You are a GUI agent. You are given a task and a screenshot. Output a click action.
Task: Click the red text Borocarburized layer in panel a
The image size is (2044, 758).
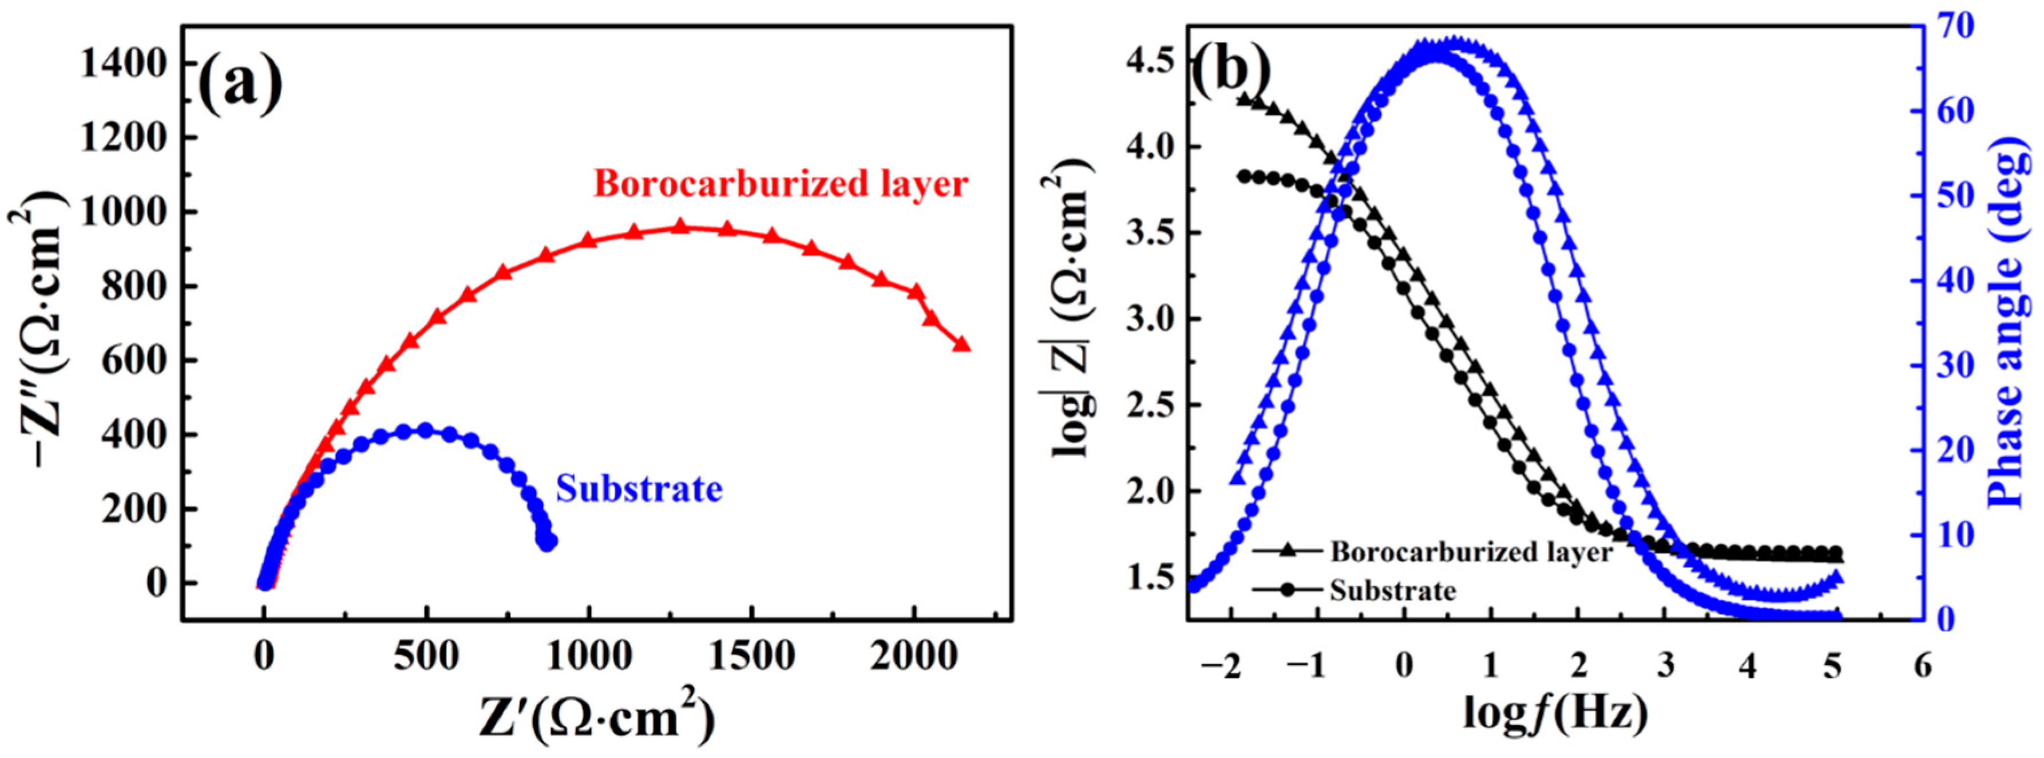click(781, 184)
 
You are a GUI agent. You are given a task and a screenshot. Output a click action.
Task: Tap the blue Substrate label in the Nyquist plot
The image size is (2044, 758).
click(639, 489)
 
